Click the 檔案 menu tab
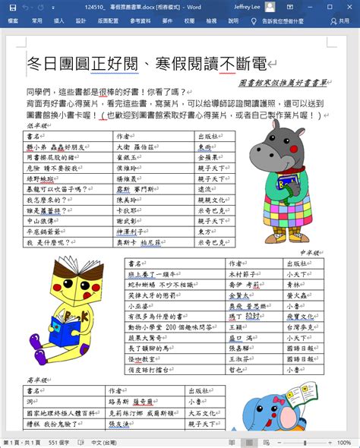[14, 22]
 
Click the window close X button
[349, 6]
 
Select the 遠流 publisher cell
[207, 189]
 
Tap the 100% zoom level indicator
[344, 442]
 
